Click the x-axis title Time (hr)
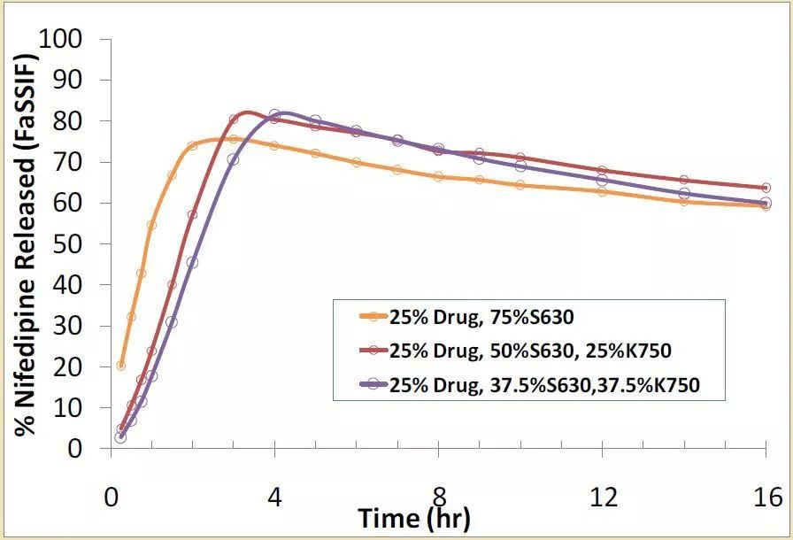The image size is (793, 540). click(x=413, y=517)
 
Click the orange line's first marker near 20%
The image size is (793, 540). click(x=121, y=365)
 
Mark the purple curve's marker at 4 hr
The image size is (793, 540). click(x=275, y=115)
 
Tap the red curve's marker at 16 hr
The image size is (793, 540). click(x=766, y=188)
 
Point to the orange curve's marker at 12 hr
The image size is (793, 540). click(x=603, y=191)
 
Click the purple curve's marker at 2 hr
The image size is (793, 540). click(x=193, y=262)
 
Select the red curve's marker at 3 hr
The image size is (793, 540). click(x=234, y=120)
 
